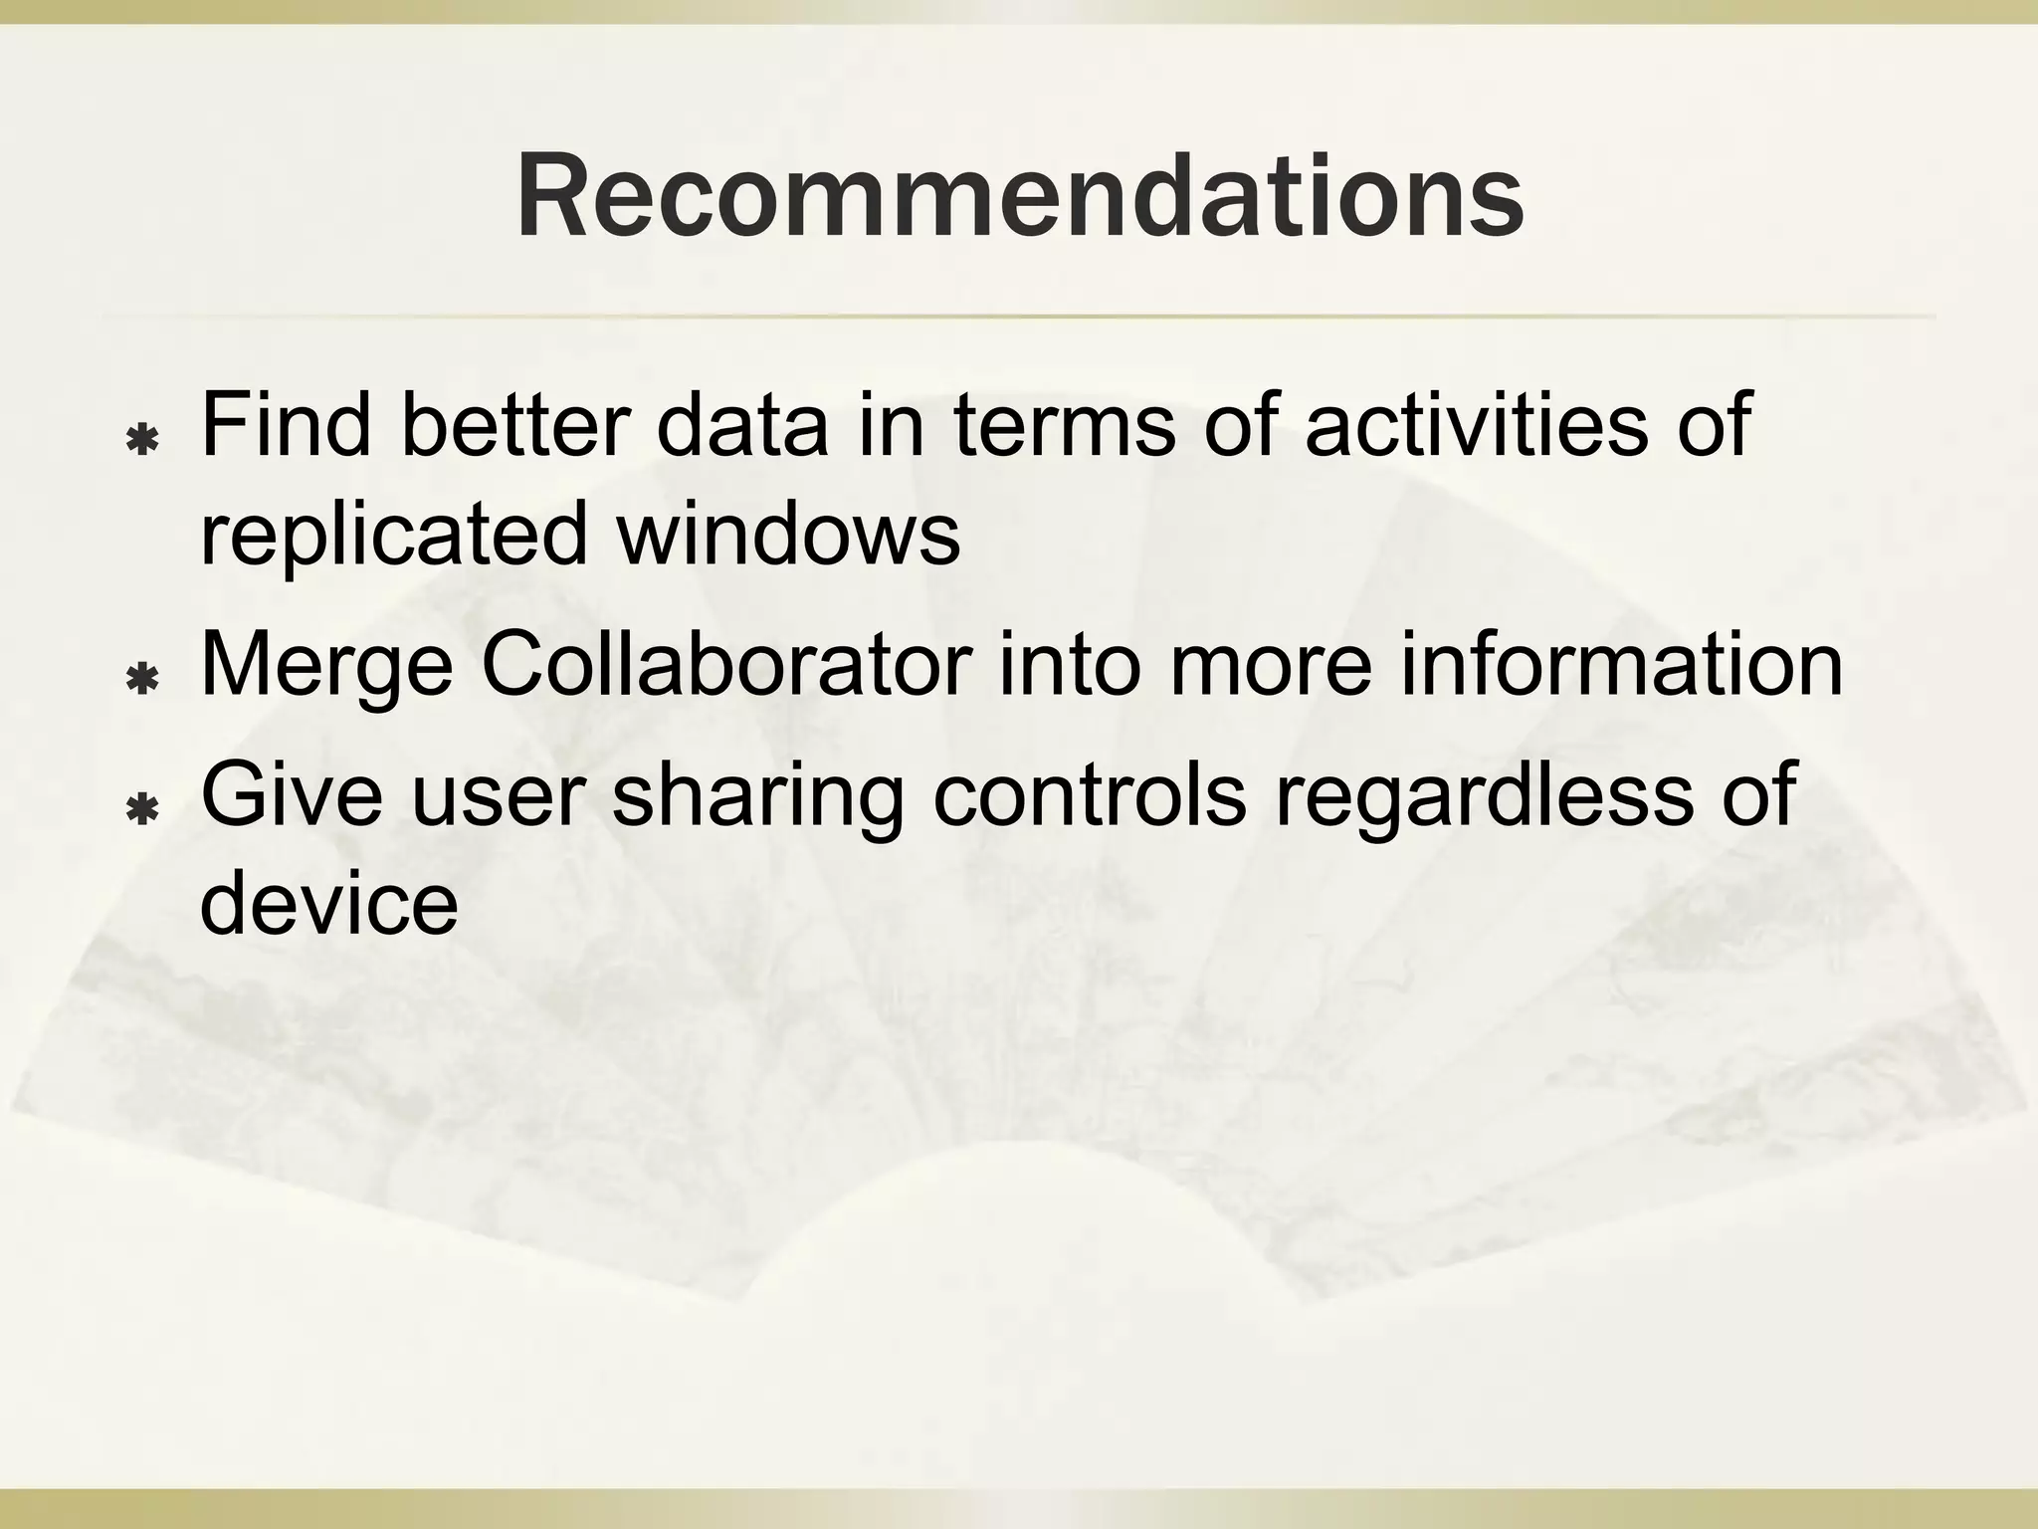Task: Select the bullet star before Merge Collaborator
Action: coord(144,679)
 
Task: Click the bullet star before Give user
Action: coord(144,810)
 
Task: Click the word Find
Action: coord(285,426)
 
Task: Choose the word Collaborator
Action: coord(726,664)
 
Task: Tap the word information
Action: coord(1621,664)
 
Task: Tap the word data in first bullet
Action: coord(742,426)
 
